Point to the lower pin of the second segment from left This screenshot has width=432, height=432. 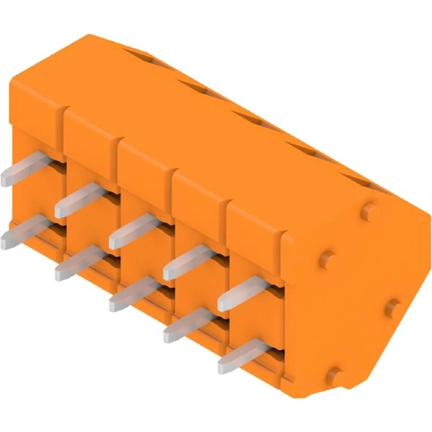tap(76, 263)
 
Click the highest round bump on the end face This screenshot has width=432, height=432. tap(370, 209)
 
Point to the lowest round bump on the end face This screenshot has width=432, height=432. tap(334, 374)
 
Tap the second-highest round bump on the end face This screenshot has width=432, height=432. tap(326, 257)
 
